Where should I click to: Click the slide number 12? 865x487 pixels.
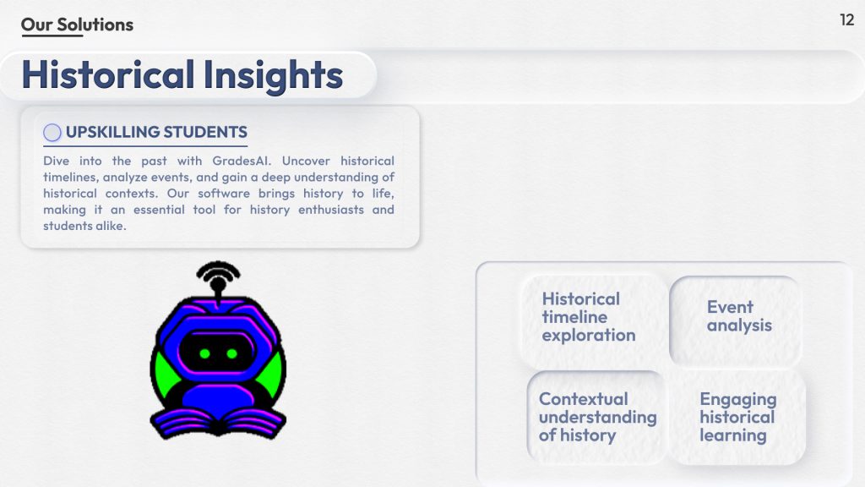846,20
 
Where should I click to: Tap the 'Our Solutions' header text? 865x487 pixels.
77,25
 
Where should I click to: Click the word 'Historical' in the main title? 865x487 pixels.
108,74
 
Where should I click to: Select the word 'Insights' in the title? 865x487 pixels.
273,75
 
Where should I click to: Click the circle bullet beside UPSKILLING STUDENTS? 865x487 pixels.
52,133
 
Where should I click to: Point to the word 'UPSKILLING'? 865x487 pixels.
112,132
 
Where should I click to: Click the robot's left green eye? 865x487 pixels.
204,353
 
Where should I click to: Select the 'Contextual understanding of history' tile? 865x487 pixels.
596,418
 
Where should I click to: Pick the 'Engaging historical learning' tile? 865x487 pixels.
737,418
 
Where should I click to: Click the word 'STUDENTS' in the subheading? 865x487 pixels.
205,132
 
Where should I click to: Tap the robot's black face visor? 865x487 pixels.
218,353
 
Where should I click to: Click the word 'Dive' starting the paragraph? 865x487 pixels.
57,161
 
